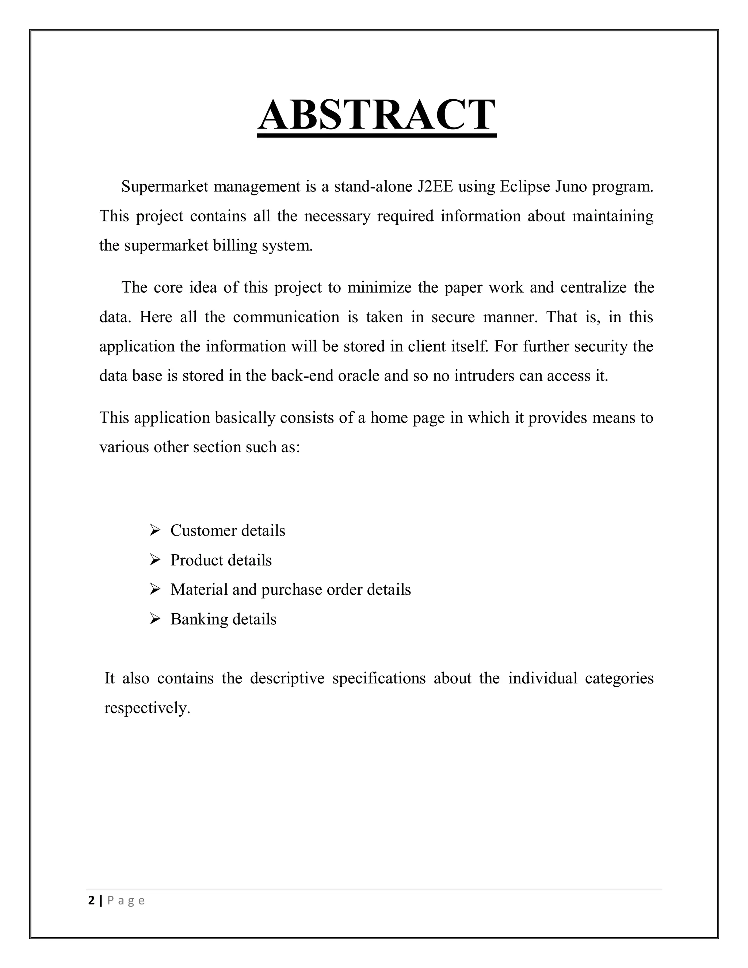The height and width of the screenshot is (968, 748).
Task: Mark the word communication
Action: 287,317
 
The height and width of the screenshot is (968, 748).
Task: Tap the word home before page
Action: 389,418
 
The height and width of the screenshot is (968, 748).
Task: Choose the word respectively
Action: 147,708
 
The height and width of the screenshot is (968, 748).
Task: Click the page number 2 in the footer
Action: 91,901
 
